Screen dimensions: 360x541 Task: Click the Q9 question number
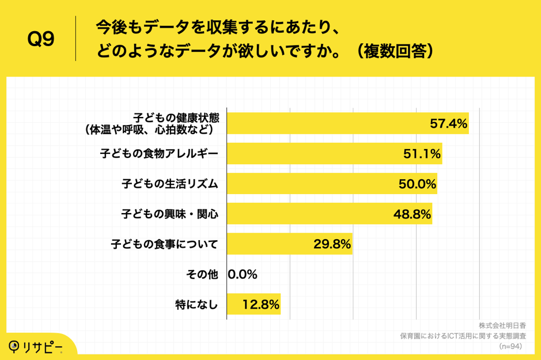point(41,39)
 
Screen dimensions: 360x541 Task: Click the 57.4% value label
point(448,123)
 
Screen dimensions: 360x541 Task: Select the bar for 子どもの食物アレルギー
point(334,154)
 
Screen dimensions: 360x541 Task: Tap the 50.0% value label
point(417,184)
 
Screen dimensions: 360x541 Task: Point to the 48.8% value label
point(412,214)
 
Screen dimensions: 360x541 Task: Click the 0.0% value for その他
point(243,275)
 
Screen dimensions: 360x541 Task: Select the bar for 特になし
point(254,304)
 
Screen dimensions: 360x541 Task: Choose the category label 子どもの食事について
point(165,245)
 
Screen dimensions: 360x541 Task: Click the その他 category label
point(202,275)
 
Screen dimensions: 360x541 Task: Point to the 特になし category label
point(196,305)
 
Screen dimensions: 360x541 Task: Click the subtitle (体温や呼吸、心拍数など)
point(150,130)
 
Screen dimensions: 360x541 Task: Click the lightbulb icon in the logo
point(14,346)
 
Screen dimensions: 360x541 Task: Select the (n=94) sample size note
point(510,346)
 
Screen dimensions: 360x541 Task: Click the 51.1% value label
point(422,154)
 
